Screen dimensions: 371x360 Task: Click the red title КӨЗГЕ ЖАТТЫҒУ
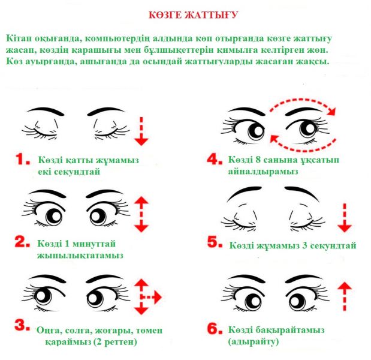[x=193, y=15]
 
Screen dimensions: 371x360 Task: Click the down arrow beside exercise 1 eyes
[x=141, y=131]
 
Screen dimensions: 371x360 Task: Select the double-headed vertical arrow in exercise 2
[x=141, y=214]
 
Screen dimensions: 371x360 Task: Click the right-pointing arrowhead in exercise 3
[x=158, y=297]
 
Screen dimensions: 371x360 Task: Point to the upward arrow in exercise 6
[x=345, y=296]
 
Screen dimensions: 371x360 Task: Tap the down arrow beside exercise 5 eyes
[x=345, y=218]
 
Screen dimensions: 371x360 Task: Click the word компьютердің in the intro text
[x=117, y=38]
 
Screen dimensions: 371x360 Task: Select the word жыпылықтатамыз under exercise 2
[x=80, y=256]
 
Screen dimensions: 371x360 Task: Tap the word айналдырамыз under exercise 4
[x=263, y=171]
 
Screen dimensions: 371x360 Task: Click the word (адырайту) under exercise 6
[x=254, y=341]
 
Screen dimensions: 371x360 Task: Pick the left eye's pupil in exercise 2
[x=54, y=217]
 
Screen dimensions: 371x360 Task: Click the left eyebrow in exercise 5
[x=244, y=194]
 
